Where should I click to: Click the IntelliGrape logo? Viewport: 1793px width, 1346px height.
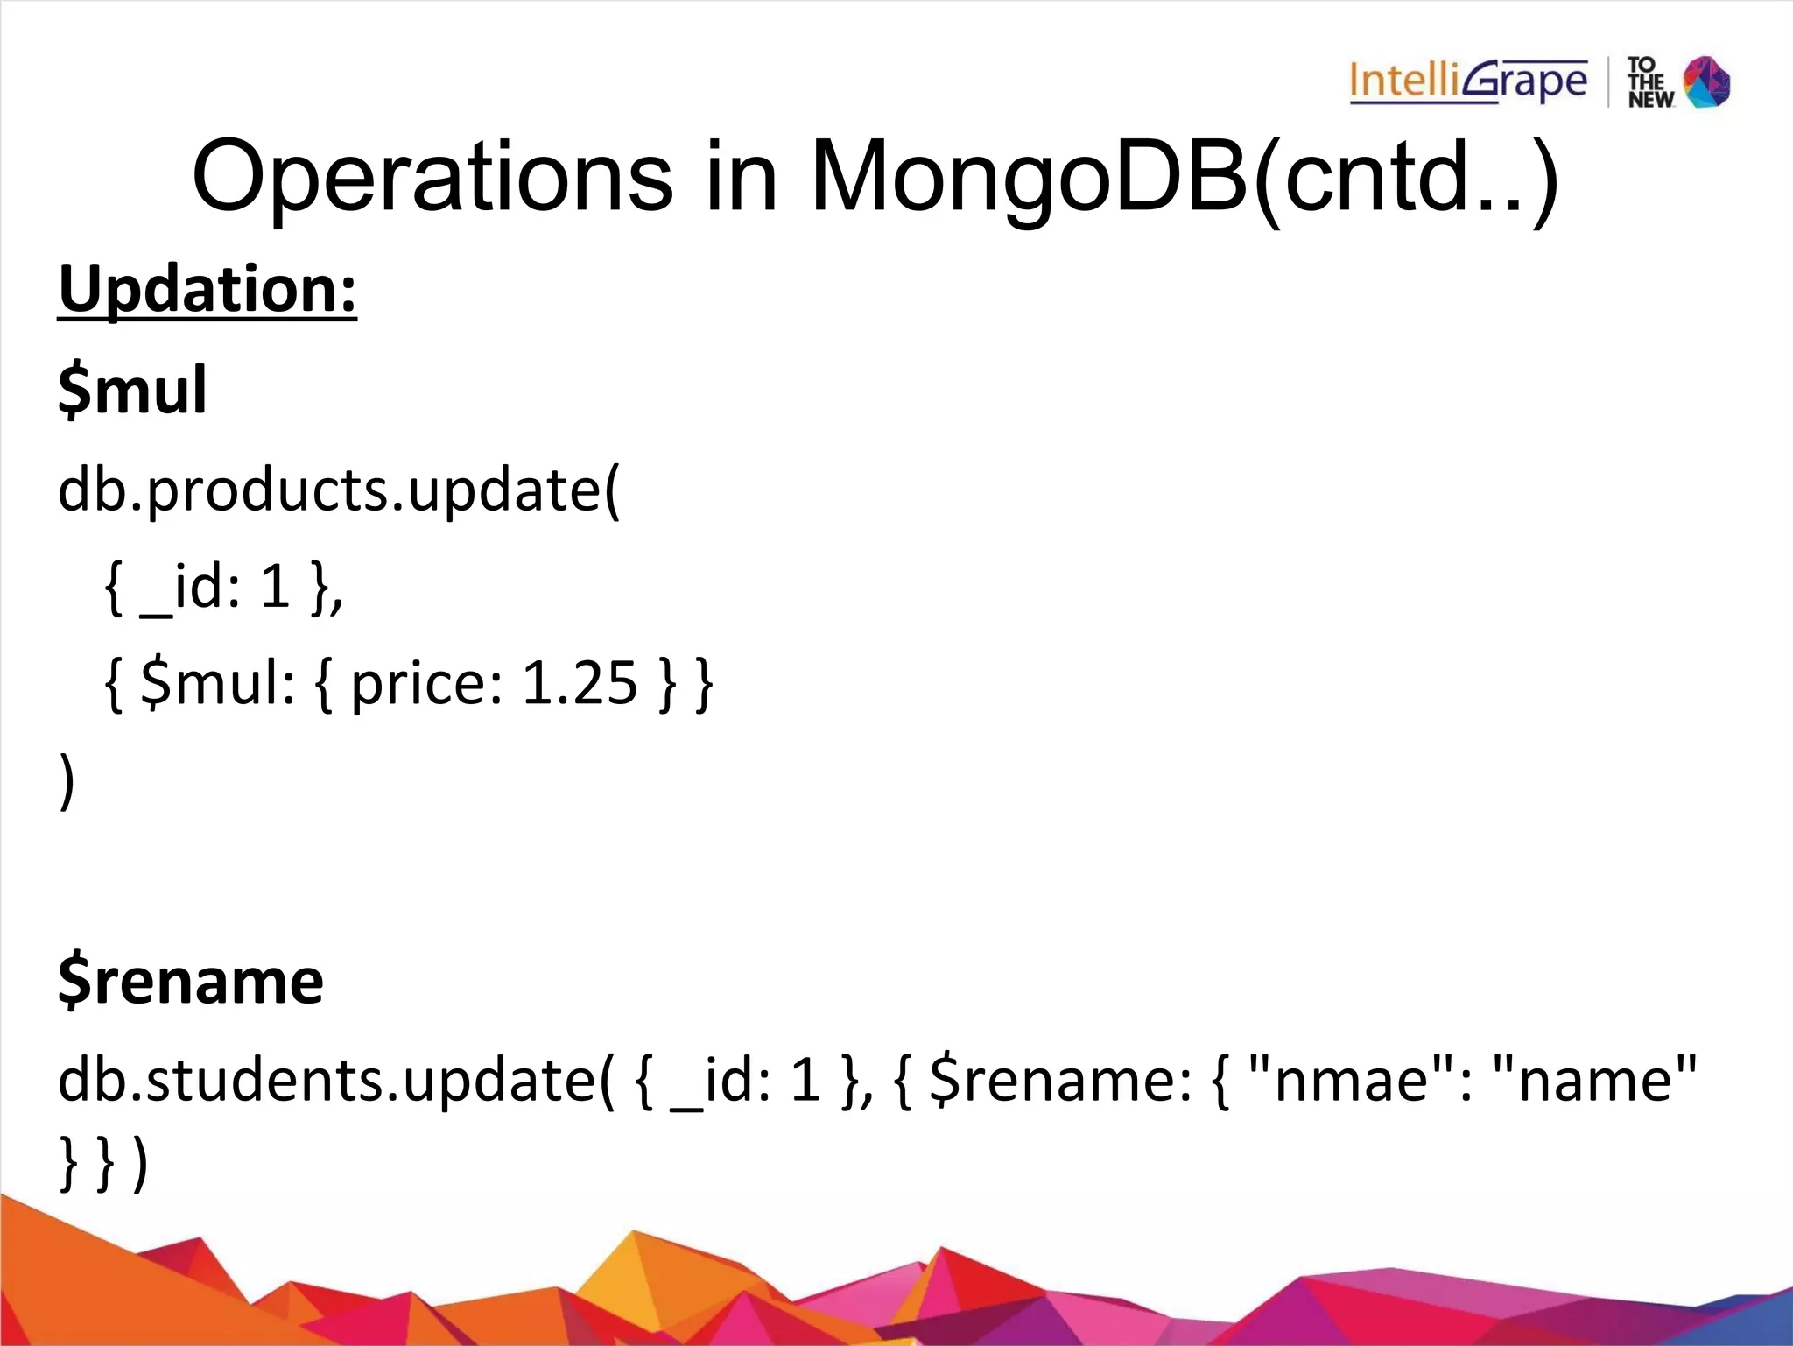[x=1467, y=82]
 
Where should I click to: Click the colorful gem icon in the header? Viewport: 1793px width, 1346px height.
[x=1707, y=82]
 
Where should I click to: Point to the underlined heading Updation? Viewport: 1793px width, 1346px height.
[x=207, y=289]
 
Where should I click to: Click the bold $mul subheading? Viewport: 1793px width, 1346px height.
[x=132, y=390]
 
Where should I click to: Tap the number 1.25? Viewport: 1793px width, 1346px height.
[x=580, y=683]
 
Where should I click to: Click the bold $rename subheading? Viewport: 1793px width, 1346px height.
[x=191, y=981]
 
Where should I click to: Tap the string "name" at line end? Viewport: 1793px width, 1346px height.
[x=1594, y=1080]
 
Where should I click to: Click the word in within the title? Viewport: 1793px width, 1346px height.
[x=741, y=177]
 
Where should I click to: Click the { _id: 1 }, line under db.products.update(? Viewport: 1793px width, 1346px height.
[x=224, y=587]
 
